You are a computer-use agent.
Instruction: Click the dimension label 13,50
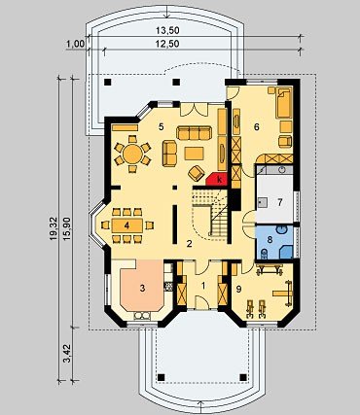(167, 30)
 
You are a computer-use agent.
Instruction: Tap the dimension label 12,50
(167, 44)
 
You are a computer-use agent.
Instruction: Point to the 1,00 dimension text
(76, 44)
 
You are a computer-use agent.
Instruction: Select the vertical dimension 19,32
(54, 228)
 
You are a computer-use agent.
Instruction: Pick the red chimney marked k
(218, 180)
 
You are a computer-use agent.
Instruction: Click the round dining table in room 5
(132, 154)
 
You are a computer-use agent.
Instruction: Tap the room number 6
(257, 127)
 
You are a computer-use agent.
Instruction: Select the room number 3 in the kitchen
(142, 288)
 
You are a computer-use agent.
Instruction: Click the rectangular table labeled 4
(127, 225)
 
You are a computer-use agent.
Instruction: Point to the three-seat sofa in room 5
(194, 133)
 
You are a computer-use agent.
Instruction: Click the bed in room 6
(284, 103)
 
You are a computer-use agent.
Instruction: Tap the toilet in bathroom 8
(265, 254)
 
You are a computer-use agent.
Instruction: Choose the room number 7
(279, 202)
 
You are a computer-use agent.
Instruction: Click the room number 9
(238, 290)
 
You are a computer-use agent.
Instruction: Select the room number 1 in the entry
(203, 286)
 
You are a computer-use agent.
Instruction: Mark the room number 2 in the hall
(189, 244)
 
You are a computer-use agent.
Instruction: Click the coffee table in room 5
(194, 154)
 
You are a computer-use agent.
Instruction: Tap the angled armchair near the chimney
(197, 173)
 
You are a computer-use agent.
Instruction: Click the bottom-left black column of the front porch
(161, 377)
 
